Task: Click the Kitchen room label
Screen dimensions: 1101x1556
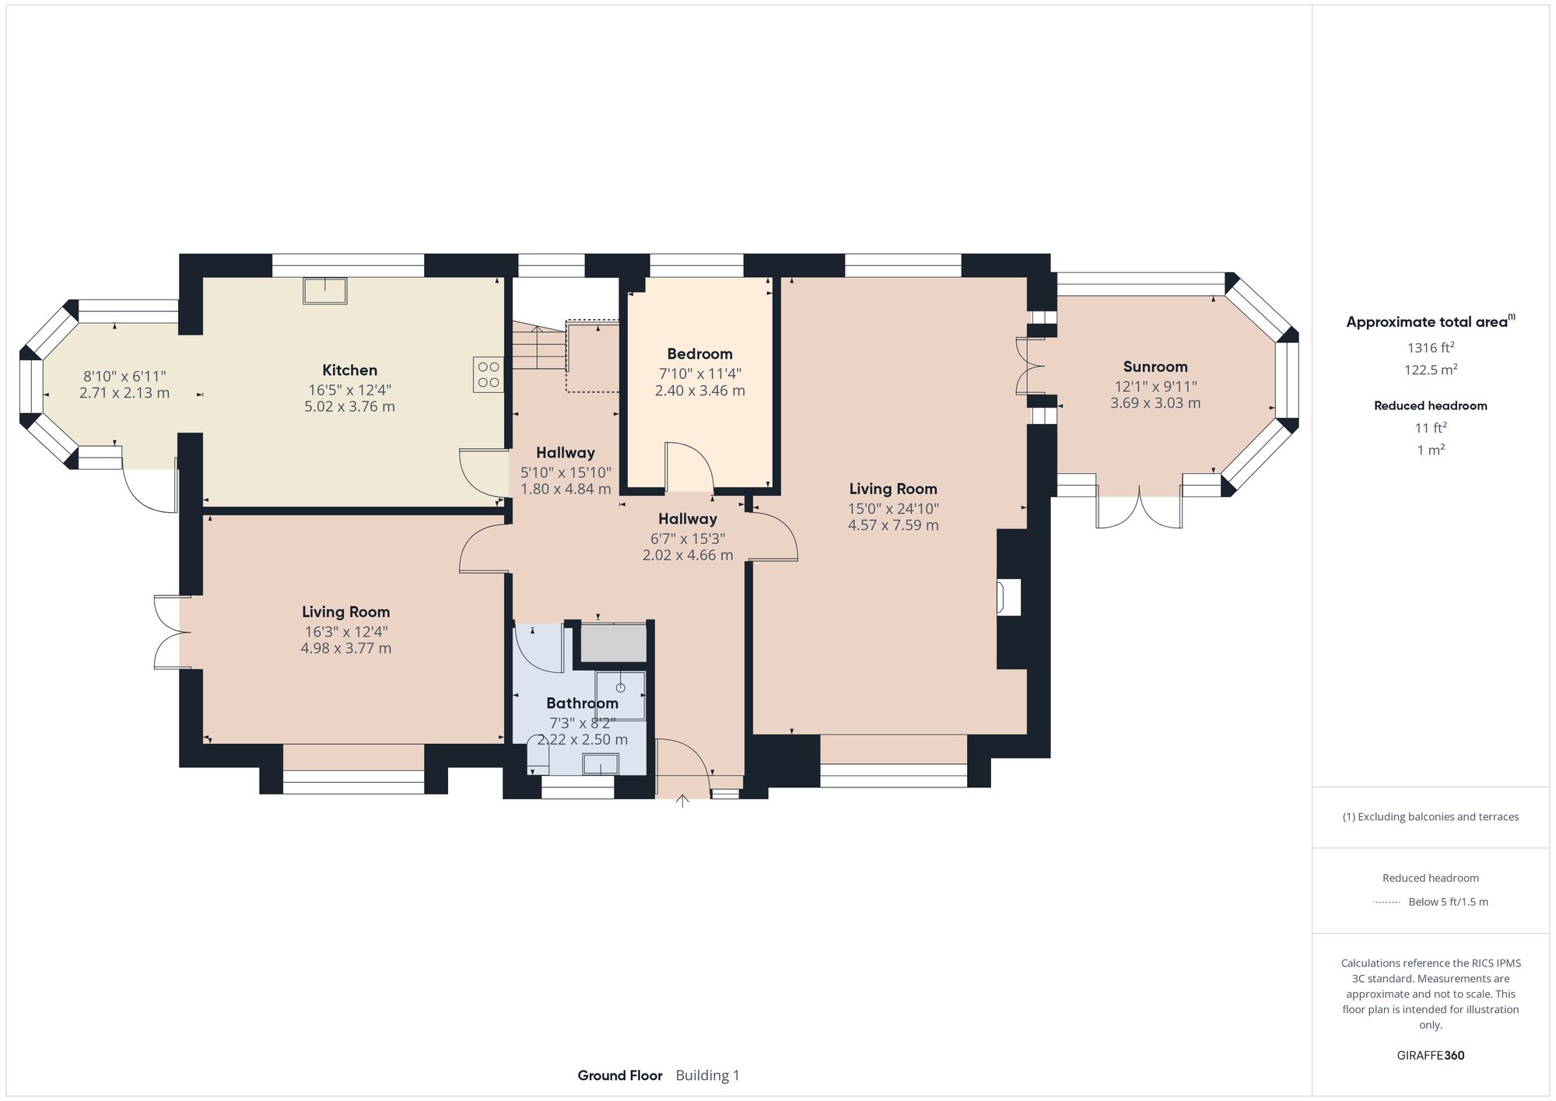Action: coord(349,370)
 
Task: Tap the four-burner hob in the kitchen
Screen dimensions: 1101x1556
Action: coord(489,374)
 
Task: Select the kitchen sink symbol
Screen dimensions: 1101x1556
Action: coord(325,291)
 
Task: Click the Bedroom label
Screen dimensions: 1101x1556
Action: coord(699,354)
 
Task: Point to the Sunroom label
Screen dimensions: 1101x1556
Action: coord(1155,366)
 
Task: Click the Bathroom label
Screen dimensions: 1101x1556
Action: coord(581,703)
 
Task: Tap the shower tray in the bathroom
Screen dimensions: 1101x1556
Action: coord(620,695)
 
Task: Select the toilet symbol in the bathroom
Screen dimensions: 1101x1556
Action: coord(538,755)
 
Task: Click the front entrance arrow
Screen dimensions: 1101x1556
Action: coord(682,801)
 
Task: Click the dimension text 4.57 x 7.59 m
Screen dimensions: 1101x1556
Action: coord(892,525)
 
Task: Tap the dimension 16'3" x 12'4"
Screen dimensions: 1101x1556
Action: coord(345,632)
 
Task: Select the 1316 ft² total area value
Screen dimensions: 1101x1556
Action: coord(1430,348)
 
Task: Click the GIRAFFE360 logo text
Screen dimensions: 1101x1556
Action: coord(1430,1055)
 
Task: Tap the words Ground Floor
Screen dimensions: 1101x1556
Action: coord(619,1075)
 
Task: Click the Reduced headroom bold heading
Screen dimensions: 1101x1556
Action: coord(1430,405)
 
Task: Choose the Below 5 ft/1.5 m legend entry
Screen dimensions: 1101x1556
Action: coord(1447,902)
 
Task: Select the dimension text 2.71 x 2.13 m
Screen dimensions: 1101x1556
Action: coord(124,394)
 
